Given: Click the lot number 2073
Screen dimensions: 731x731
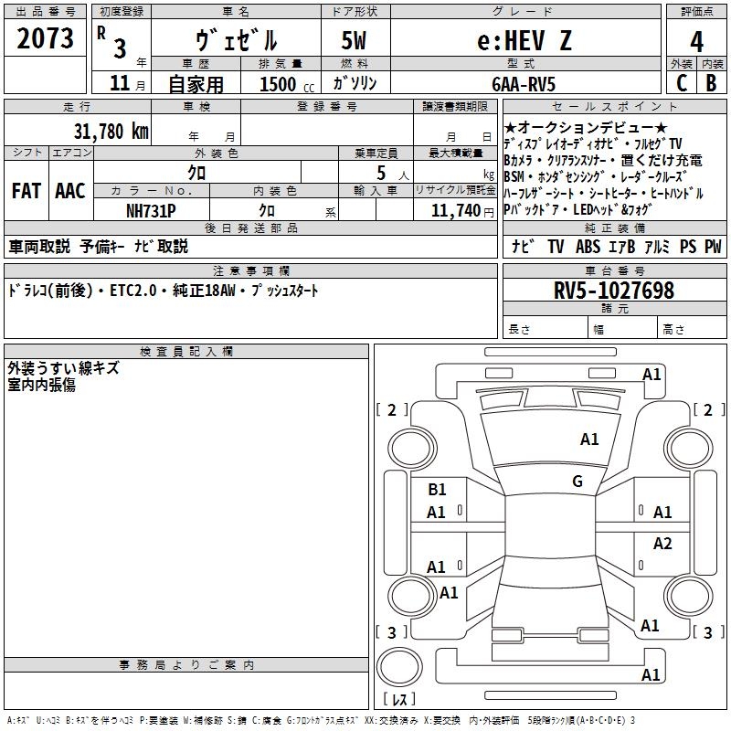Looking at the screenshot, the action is tap(46, 39).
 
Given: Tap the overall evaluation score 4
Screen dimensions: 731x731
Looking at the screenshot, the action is tap(697, 41).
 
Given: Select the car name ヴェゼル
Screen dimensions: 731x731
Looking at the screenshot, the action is tap(237, 41).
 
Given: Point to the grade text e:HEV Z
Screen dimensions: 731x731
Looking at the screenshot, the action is tap(512, 41).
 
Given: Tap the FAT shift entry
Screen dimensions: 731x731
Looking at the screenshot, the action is tap(26, 191).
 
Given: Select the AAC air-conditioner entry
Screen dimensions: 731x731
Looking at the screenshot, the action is tap(70, 191).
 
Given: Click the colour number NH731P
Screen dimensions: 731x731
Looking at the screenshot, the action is tap(153, 210).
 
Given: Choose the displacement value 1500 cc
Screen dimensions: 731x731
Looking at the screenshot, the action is tap(284, 85).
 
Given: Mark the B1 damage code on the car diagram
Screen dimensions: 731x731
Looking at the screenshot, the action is tap(438, 490).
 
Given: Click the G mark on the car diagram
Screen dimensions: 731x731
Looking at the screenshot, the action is tap(577, 482).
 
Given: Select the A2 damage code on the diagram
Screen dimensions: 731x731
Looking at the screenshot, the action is tap(662, 544).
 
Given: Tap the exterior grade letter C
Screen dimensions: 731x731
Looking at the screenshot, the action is tap(682, 83).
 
